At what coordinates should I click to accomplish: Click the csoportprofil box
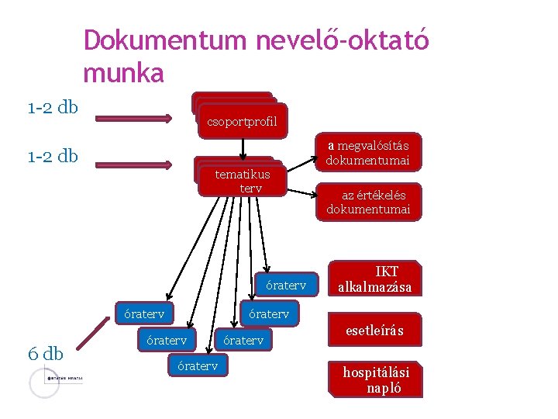coord(243,121)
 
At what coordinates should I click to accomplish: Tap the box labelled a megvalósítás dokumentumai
coord(367,153)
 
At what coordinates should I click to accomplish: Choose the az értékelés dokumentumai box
coord(367,202)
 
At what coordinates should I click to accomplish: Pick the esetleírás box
coord(374,331)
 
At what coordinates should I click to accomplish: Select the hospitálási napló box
coord(376,379)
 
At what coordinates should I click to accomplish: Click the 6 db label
coord(45,354)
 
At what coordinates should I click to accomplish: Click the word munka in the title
coord(123,74)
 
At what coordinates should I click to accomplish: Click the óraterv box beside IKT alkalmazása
coord(286,285)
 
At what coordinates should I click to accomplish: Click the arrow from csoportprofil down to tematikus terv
coord(243,148)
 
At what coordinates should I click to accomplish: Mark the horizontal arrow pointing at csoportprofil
coord(133,118)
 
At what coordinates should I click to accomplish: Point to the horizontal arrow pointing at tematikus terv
coord(133,164)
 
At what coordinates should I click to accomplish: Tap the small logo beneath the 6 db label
coord(54,380)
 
